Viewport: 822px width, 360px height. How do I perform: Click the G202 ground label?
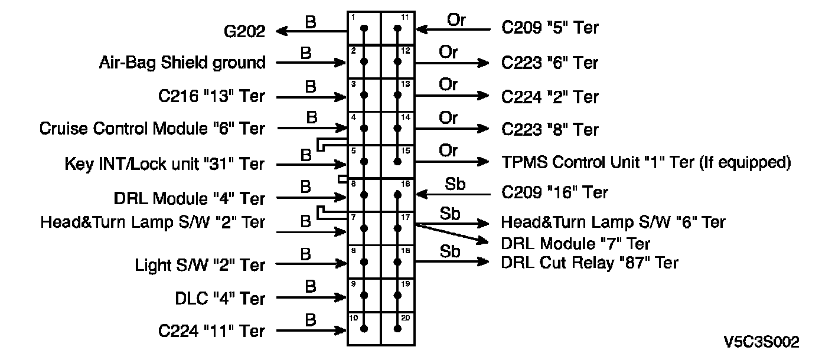point(244,31)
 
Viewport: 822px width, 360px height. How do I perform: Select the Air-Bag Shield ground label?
point(182,63)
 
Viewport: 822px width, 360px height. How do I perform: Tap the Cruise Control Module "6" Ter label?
point(152,129)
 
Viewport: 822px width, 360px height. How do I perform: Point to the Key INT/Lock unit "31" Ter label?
point(164,164)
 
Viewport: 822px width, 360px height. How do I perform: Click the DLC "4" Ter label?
point(220,299)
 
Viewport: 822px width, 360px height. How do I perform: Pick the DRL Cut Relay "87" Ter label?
point(590,263)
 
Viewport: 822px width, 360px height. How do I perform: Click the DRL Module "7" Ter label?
point(575,244)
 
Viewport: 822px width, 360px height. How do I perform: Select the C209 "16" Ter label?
point(554,192)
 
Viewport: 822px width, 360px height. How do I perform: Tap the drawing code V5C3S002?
point(761,342)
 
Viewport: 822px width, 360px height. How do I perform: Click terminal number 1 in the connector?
point(353,17)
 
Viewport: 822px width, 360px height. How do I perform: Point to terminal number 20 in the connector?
point(405,318)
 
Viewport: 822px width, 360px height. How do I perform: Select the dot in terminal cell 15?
point(397,162)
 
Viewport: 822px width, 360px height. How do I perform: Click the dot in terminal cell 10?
point(364,329)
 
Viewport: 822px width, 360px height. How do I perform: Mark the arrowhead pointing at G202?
point(282,31)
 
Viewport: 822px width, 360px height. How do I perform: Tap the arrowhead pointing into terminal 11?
point(422,30)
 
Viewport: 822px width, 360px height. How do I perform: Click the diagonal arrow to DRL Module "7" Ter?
point(452,233)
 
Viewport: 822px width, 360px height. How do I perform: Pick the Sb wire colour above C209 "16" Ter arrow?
point(455,184)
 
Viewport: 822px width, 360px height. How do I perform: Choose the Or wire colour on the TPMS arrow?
point(448,150)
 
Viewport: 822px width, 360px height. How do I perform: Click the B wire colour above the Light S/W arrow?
point(306,254)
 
